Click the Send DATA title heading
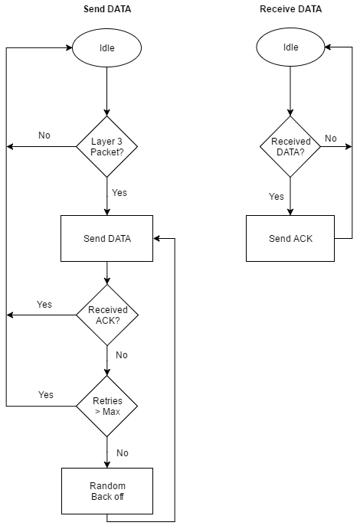point(106,9)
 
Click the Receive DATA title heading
point(290,9)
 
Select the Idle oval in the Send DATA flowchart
point(106,47)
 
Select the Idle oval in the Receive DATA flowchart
point(290,47)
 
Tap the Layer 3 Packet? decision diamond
point(106,145)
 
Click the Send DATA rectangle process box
point(106,238)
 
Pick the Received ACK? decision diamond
point(106,315)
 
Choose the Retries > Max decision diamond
point(106,406)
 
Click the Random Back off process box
point(106,491)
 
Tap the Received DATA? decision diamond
point(290,145)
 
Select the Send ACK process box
point(290,238)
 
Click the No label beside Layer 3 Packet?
point(44,136)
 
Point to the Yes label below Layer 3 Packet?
point(119,192)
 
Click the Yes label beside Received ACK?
point(44,305)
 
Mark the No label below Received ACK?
point(121,355)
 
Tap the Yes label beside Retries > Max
point(46,395)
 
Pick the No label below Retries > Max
point(122,452)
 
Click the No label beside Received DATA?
point(330,139)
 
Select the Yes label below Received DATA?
point(277,197)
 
